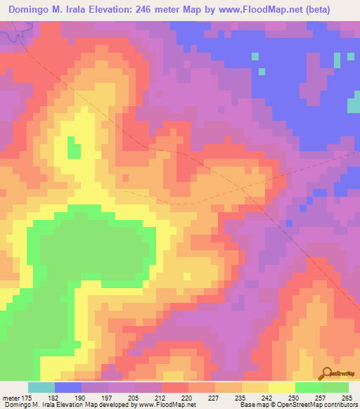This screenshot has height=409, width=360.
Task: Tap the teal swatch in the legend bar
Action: (41, 387)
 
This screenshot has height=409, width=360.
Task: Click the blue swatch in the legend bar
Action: (68, 387)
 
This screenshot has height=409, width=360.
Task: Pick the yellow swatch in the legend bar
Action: (281, 387)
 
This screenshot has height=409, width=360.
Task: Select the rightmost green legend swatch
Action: (335, 387)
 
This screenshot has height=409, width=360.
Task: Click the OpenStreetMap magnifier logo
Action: (327, 372)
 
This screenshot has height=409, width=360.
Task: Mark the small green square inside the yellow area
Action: (73, 148)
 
